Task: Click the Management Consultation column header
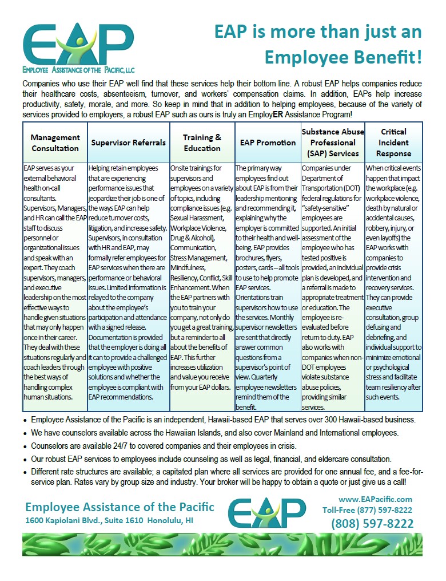coord(55,143)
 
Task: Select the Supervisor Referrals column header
coord(128,143)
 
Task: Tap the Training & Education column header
coord(202,143)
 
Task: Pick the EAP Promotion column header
coord(268,143)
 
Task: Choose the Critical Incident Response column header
coord(393,143)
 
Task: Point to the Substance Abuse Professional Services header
coord(333,143)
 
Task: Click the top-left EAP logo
coord(78,43)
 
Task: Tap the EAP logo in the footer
coord(266,512)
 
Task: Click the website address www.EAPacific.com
coord(375,499)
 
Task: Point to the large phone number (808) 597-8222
coord(372,524)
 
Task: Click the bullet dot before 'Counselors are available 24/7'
coord(26,446)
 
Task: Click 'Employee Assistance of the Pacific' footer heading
coord(120,507)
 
